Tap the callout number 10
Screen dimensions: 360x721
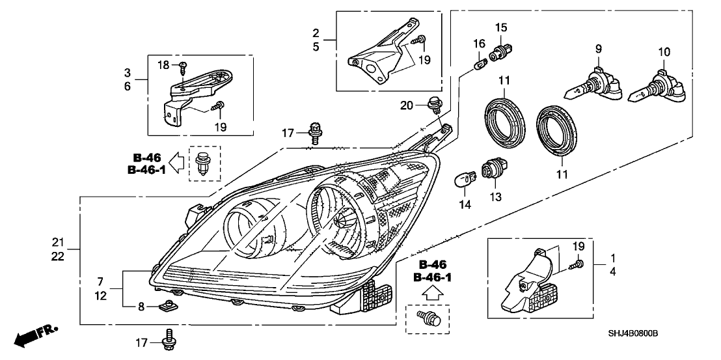(664, 51)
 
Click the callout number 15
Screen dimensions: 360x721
(500, 27)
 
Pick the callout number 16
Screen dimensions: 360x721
(479, 43)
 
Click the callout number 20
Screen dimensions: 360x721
(407, 105)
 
